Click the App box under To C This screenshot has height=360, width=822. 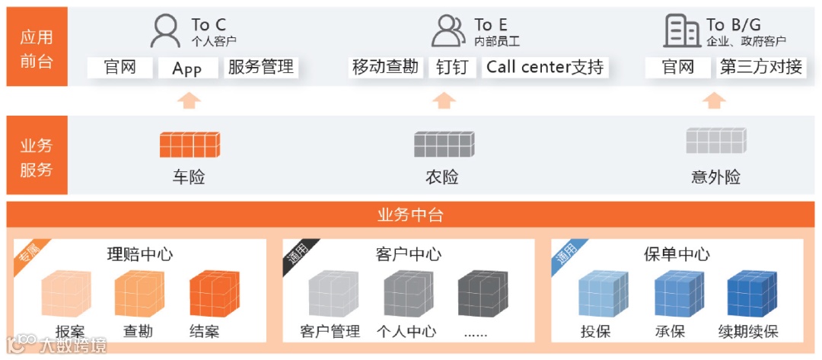(186, 68)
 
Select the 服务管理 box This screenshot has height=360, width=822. (260, 67)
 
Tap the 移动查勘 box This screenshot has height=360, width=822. (385, 67)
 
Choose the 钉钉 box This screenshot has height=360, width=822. (451, 67)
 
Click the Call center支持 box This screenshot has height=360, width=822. (545, 67)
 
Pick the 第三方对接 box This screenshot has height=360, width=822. (761, 67)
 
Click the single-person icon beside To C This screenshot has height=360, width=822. (165, 32)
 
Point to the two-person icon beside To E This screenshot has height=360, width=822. (448, 32)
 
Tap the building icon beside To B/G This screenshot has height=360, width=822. (681, 32)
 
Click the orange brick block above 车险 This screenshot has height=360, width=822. (190, 144)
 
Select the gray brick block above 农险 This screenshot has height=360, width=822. (443, 144)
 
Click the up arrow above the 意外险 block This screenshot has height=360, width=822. (714, 101)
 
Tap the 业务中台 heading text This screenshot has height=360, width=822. (410, 215)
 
